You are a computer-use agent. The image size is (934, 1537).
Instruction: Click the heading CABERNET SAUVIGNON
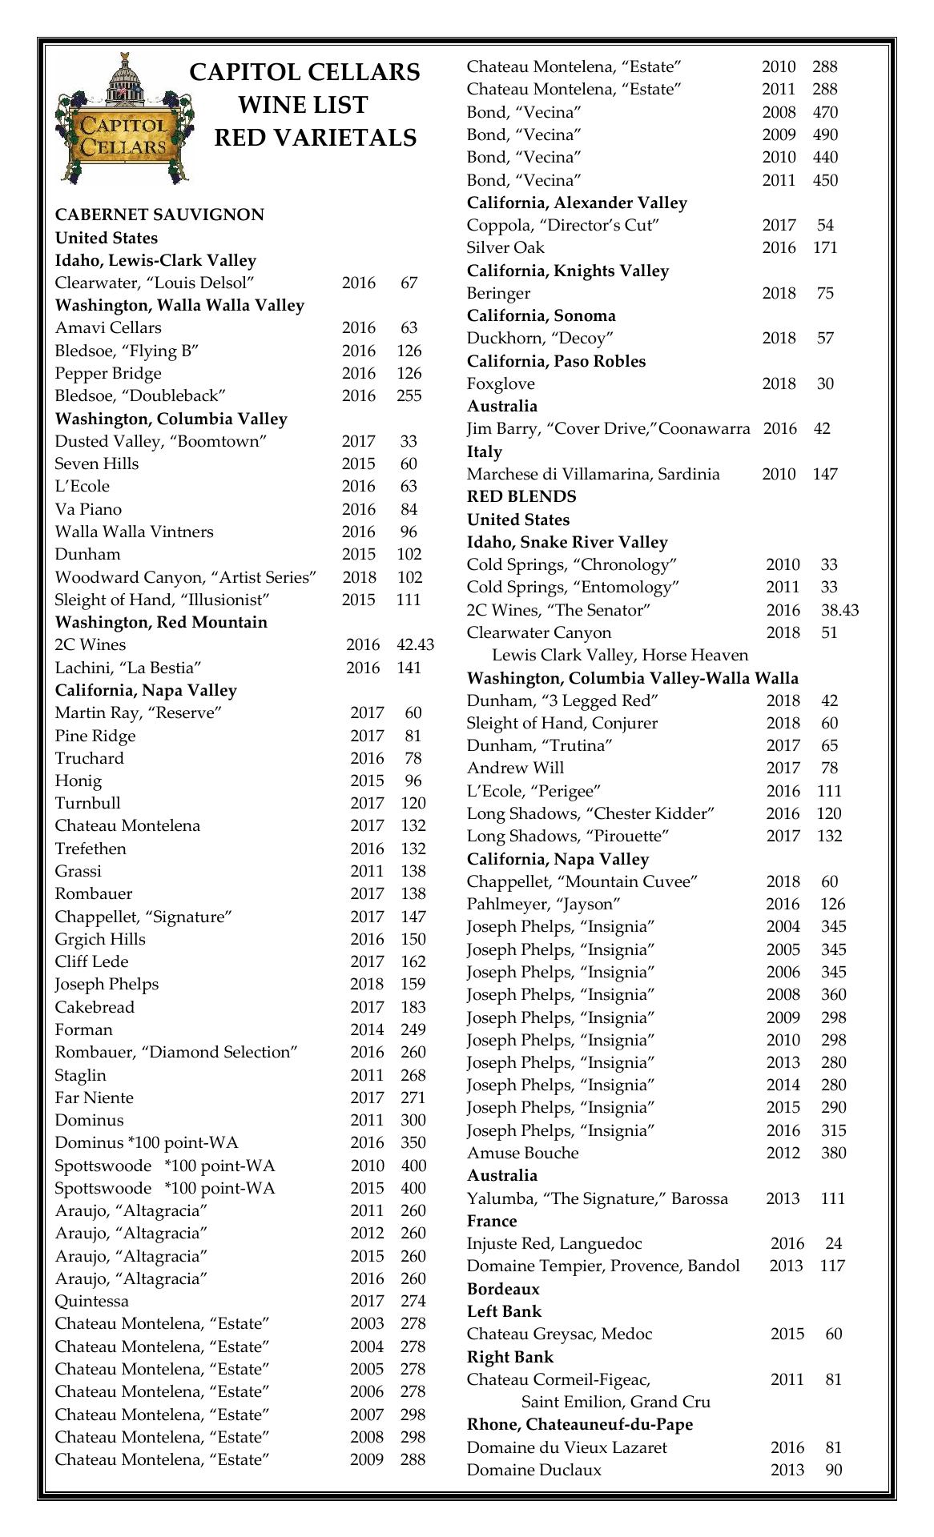159,215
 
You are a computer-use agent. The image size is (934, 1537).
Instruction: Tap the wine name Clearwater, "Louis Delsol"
155,283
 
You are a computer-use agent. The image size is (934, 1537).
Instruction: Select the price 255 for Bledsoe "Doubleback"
409,395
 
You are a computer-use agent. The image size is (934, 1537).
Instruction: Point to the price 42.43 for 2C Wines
415,644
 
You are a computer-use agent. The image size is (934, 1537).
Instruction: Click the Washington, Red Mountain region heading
161,622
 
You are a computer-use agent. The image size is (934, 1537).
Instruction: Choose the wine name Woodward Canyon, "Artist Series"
186,577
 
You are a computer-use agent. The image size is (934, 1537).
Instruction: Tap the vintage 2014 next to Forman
367,1029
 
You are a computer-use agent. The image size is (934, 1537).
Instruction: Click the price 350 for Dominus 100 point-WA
413,1142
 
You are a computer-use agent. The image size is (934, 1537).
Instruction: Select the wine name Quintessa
91,1301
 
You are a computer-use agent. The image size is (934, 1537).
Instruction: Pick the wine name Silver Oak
505,247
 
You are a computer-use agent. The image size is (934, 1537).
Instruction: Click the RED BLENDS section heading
521,496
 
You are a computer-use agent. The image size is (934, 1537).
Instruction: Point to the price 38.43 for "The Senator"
839,610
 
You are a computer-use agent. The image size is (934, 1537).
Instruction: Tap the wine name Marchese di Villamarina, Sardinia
593,474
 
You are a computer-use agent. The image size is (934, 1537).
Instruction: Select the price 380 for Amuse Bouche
833,1153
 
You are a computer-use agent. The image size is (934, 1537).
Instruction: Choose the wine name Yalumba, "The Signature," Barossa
598,1198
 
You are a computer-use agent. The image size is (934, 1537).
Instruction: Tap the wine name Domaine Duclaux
534,1470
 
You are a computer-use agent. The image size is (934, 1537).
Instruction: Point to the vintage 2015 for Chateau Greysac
787,1334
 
